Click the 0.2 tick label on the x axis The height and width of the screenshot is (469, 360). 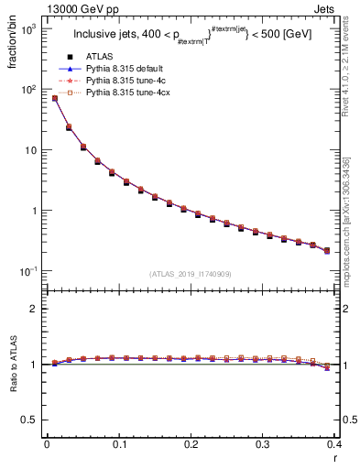coord(191,443)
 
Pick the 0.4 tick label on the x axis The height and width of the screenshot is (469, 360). coord(334,443)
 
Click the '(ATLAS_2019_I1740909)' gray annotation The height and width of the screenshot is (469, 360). coord(191,274)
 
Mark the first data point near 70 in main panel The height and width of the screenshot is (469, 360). coord(55,98)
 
